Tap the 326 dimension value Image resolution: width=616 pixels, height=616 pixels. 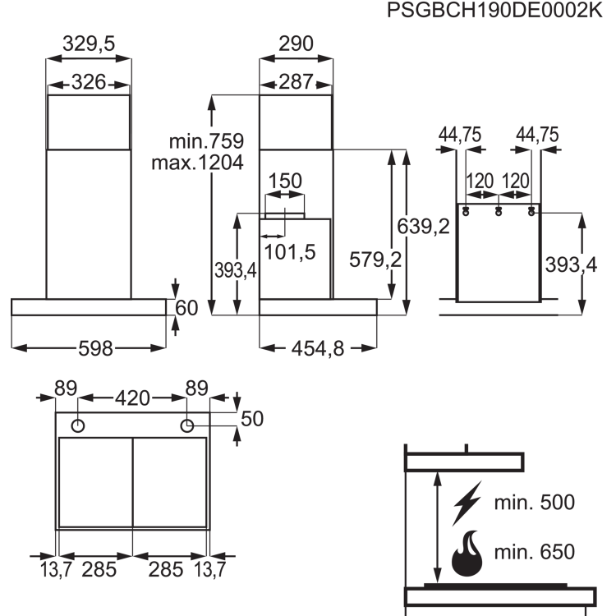click(x=89, y=81)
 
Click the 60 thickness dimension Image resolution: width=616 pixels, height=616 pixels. click(x=187, y=308)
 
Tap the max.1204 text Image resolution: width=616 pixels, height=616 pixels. click(x=197, y=163)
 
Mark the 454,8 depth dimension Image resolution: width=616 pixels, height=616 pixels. click(x=318, y=349)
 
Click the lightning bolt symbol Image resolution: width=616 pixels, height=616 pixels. click(x=466, y=503)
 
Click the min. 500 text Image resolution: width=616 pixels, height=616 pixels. click(x=534, y=503)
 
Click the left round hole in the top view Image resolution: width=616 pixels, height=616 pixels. click(x=78, y=425)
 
